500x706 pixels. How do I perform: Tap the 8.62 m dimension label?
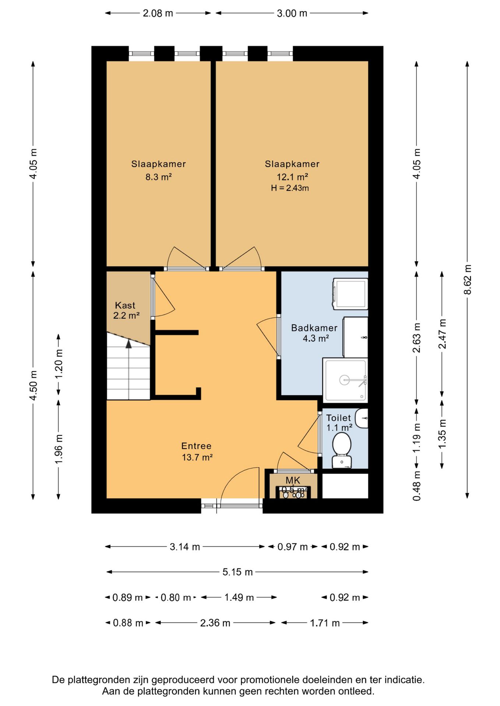467,279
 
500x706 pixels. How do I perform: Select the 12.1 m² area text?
292,177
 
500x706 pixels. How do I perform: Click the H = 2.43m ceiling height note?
290,188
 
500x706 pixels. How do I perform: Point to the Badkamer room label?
314,328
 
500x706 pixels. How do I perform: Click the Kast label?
125,305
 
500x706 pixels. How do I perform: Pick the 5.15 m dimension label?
237,572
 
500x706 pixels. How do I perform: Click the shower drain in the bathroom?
344,380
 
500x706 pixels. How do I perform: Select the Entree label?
196,446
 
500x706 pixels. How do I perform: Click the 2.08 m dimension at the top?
158,13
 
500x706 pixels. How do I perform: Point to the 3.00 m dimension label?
292,13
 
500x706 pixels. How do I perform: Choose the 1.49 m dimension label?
239,597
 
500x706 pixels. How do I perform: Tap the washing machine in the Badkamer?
350,293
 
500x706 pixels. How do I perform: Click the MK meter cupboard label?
293,480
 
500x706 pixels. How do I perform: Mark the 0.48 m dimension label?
416,486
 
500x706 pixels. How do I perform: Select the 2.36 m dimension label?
215,623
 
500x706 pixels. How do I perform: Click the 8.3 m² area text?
159,177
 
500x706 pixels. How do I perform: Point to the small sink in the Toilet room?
362,418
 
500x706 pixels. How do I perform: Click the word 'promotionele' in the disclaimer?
270,680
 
